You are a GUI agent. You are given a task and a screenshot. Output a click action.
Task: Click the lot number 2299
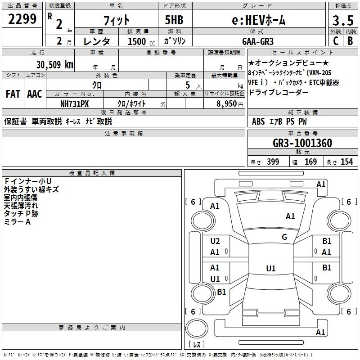click(x=22, y=19)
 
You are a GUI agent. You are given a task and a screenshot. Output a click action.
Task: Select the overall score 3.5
click(x=343, y=21)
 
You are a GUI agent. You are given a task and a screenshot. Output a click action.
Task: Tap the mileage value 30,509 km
click(x=54, y=65)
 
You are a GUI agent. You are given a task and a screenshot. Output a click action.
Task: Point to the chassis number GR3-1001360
click(x=302, y=143)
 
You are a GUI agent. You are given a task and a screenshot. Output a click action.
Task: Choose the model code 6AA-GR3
click(x=258, y=41)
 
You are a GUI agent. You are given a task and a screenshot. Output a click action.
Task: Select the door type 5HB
click(x=174, y=20)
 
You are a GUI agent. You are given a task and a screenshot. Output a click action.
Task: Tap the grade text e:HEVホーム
click(x=258, y=20)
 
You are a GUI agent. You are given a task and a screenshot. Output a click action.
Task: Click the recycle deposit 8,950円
click(x=230, y=104)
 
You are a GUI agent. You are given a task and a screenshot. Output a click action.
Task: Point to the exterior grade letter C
click(x=336, y=41)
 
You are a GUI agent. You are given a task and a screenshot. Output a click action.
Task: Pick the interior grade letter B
click(x=350, y=41)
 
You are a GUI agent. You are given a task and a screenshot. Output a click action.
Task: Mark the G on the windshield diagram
click(x=284, y=237)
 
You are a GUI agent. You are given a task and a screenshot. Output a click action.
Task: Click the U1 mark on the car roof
click(x=271, y=268)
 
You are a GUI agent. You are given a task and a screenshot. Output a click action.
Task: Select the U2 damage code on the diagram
click(x=215, y=241)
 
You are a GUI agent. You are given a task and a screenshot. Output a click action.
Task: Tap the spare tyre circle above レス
click(x=197, y=328)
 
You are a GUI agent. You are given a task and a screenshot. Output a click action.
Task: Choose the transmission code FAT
click(x=13, y=94)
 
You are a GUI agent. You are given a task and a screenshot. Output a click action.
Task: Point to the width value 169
click(x=310, y=162)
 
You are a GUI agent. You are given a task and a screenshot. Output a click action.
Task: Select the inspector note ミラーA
click(x=17, y=222)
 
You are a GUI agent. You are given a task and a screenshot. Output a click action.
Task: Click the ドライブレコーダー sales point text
click(x=278, y=93)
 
